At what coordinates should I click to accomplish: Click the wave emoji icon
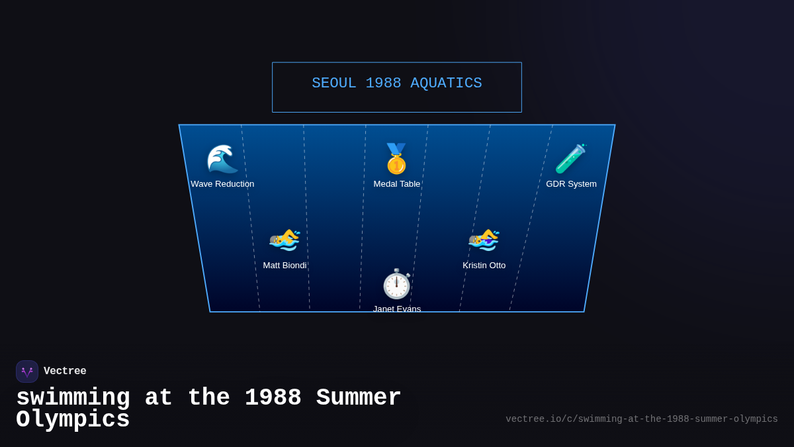coord(222,159)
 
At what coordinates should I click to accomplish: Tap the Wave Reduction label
coord(222,184)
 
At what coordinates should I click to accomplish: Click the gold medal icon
coord(396,159)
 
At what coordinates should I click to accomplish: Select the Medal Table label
coord(397,184)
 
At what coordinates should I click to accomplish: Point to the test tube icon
coord(571,159)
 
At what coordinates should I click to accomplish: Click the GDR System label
coord(571,184)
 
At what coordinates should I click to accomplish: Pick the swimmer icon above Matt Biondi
coord(285,240)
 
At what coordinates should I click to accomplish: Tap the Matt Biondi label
coord(285,266)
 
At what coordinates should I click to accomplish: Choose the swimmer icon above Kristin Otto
coord(484,240)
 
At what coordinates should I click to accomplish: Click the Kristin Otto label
coord(484,266)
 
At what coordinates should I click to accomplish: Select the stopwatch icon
coord(397,284)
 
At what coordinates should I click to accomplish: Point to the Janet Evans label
coord(397,309)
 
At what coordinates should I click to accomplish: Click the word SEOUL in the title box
coord(334,83)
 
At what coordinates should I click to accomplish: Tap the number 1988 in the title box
coord(383,83)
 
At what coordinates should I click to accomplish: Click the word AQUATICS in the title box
coord(446,83)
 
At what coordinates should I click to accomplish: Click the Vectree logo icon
coord(27,372)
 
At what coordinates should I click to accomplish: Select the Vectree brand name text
coord(65,372)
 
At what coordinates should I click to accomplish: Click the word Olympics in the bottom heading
coord(73,420)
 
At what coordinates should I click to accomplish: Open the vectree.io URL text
coord(641,419)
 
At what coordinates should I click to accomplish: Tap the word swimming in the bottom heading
coord(73,398)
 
